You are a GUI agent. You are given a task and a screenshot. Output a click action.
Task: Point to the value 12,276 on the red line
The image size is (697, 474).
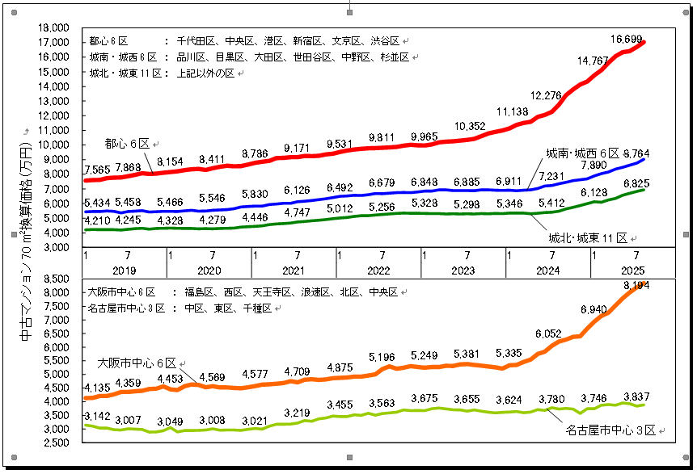point(547,95)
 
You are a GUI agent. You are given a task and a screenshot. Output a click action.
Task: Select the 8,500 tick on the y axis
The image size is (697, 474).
point(56,279)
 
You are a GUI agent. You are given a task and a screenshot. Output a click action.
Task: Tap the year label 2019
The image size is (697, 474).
point(125,271)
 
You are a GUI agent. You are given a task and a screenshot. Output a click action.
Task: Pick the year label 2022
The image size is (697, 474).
point(378,271)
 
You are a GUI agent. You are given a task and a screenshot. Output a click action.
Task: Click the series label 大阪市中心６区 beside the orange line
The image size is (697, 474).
point(136,363)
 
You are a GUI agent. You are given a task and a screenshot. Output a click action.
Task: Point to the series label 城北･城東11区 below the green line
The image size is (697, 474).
point(587,237)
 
